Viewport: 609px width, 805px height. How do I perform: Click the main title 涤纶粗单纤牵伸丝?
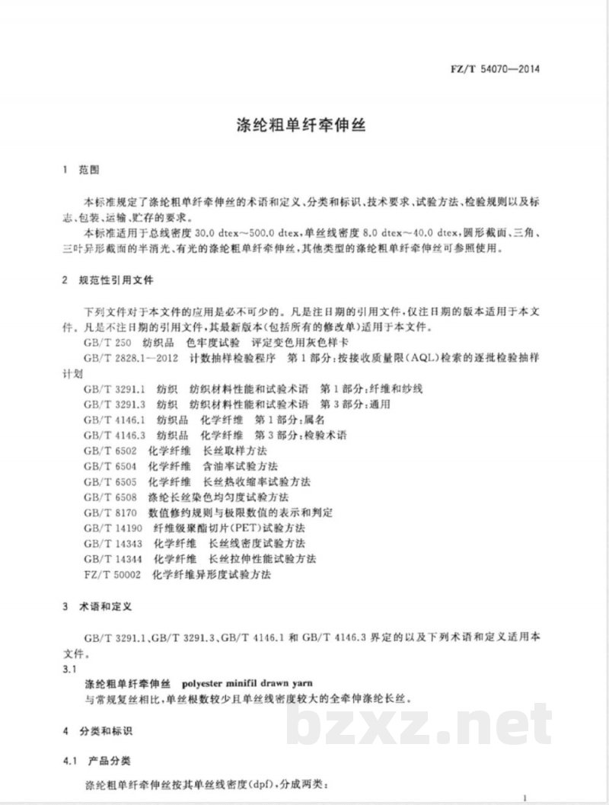(x=303, y=126)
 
